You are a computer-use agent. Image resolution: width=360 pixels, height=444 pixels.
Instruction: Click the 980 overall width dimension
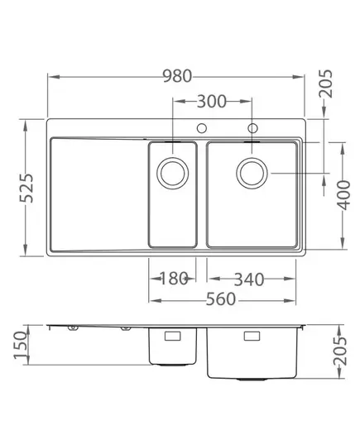click(177, 76)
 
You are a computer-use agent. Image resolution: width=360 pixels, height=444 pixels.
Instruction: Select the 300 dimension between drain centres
click(212, 102)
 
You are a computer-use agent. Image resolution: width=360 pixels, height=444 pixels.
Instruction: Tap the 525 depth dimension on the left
click(26, 188)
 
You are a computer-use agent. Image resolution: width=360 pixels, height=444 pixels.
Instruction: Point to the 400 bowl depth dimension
click(344, 195)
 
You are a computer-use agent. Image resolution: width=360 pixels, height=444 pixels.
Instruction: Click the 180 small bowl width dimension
click(174, 279)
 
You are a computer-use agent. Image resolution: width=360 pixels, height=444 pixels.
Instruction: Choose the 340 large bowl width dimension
click(249, 279)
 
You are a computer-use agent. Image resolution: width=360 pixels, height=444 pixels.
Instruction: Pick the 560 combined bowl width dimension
click(220, 299)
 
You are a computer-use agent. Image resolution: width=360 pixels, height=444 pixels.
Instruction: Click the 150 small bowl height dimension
click(21, 345)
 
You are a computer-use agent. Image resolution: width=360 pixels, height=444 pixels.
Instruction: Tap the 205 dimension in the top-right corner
click(325, 84)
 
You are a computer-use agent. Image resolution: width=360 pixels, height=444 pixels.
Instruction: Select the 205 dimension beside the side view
click(340, 351)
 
